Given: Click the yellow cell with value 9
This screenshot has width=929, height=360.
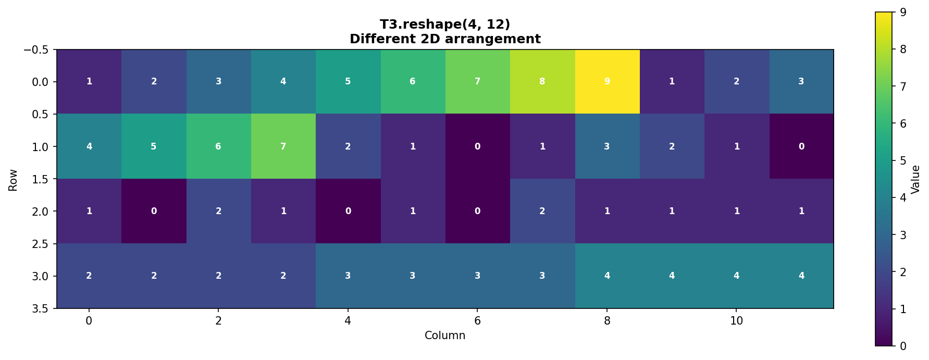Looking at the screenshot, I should click(607, 82).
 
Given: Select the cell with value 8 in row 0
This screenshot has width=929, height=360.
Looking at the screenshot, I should click(542, 82).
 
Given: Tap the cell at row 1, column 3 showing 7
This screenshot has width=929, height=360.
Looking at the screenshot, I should click(283, 146).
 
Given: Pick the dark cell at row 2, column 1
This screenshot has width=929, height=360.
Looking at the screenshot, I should click(154, 211).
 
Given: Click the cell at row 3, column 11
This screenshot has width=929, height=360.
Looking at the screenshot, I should click(801, 276).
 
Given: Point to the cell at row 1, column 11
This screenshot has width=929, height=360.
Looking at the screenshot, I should click(801, 146).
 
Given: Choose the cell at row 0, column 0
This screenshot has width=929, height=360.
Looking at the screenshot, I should click(89, 82).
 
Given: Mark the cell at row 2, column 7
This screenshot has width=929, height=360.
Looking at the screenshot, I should click(542, 211).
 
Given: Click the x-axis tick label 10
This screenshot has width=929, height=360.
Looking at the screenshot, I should click(736, 321).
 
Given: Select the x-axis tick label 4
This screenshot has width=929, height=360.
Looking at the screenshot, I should click(348, 321).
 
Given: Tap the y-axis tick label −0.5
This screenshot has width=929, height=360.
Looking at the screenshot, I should click(36, 50).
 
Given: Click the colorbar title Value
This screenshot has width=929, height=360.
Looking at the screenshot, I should click(915, 179).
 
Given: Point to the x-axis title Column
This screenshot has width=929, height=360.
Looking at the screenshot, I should click(445, 336).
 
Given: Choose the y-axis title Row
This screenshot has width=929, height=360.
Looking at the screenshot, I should click(13, 180).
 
